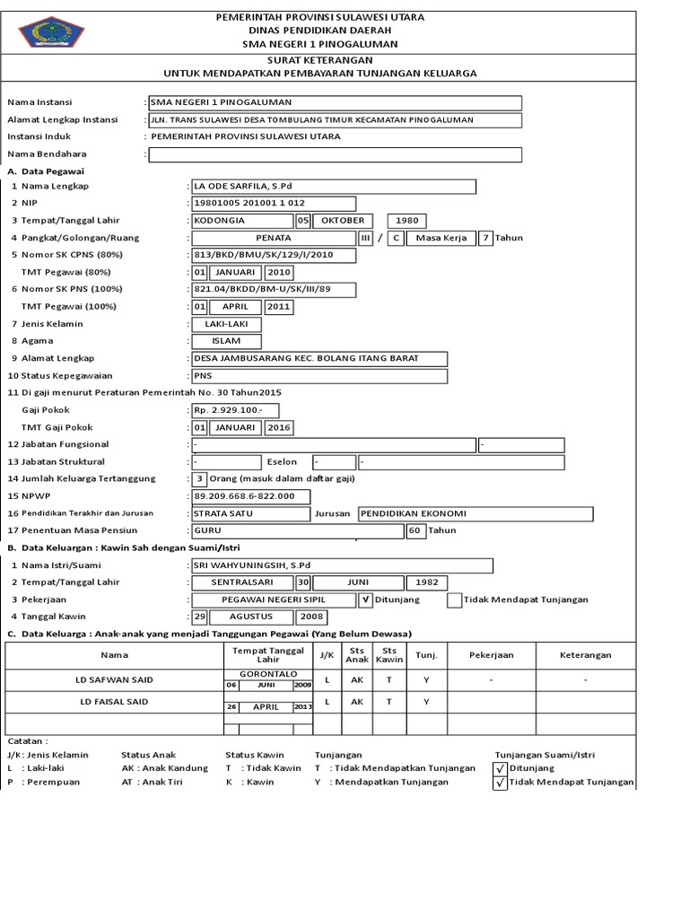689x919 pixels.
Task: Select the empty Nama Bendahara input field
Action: (335, 154)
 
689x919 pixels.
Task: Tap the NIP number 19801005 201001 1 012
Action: (274, 204)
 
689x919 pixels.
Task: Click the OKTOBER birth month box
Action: (344, 221)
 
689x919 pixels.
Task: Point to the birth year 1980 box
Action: (407, 221)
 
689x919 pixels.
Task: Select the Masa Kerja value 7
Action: (485, 238)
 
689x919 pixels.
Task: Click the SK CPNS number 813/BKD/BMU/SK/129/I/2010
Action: (274, 255)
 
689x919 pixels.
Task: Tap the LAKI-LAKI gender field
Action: (227, 323)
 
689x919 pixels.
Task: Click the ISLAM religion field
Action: (227, 341)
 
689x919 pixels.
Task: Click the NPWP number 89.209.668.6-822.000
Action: (250, 495)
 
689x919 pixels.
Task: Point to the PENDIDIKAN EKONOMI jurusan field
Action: (475, 513)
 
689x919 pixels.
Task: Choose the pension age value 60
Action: (414, 530)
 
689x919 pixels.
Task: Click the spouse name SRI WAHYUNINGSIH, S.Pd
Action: (342, 565)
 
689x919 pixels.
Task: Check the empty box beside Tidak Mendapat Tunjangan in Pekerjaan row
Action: (455, 600)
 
